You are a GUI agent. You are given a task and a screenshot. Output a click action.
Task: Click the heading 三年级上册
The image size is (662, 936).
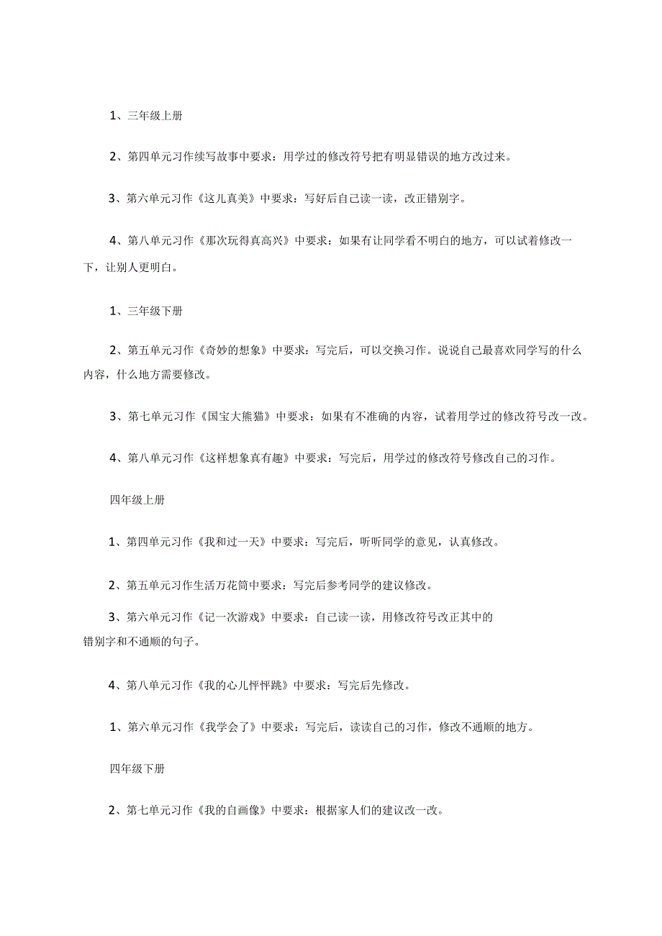coord(155,116)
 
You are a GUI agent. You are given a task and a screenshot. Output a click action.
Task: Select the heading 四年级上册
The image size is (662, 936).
coord(137,500)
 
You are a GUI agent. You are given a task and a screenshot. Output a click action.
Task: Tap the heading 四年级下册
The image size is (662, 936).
coord(137,768)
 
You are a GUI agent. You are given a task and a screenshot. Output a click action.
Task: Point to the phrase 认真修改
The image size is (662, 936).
coord(473,542)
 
